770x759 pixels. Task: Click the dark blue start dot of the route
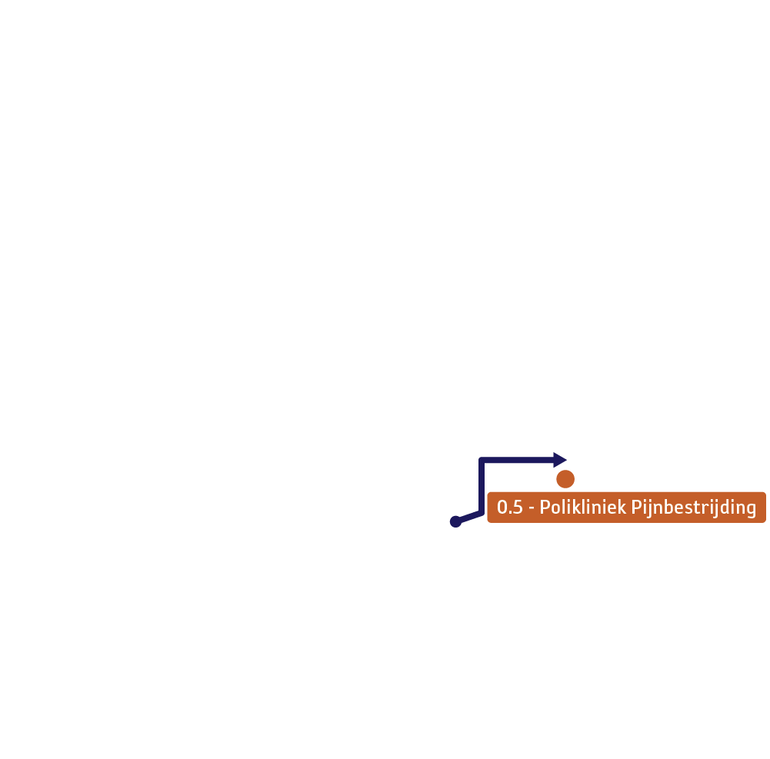(455, 521)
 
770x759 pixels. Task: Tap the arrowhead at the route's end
(560, 460)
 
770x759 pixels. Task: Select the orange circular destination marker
(565, 479)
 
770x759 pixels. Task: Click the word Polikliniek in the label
(583, 507)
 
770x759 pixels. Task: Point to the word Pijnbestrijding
(693, 508)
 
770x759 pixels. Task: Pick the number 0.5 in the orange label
(510, 507)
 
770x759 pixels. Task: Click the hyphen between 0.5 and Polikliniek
(532, 508)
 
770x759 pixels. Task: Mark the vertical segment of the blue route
(482, 486)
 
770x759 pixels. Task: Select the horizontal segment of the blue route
(517, 460)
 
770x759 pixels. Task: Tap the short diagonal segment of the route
(469, 517)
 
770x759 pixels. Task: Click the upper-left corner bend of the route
(482, 460)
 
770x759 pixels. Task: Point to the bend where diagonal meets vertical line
(482, 513)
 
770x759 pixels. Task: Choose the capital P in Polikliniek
(545, 507)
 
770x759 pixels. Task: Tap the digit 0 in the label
(502, 507)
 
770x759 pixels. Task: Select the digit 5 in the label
(518, 507)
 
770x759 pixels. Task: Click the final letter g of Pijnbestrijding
(751, 510)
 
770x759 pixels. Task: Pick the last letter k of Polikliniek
(622, 507)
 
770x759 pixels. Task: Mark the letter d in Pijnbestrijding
(721, 507)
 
